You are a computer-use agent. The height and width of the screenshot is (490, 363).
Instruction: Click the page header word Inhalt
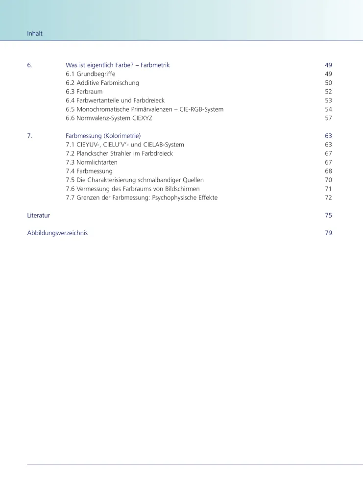[34, 34]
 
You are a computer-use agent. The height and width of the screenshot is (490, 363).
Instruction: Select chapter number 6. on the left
[30, 65]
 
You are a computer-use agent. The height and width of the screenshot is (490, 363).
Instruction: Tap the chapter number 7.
[30, 136]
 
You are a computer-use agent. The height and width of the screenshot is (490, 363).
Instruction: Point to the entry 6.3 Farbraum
[84, 92]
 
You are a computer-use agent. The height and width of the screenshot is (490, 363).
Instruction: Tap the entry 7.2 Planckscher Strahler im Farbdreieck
[119, 153]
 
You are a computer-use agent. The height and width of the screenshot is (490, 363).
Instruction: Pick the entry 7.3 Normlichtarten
[92, 162]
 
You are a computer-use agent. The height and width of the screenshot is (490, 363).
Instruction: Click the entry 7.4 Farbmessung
[89, 171]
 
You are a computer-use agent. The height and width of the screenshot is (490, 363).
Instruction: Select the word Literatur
[38, 215]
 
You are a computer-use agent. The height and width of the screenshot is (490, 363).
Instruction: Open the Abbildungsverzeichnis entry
[57, 233]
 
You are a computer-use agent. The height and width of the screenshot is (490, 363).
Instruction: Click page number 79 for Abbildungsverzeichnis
[328, 233]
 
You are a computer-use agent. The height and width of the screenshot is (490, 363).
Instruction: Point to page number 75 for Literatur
[328, 215]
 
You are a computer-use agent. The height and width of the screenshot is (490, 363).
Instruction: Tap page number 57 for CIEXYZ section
[328, 118]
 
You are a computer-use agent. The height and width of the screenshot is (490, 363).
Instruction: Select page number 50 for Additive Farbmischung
[328, 83]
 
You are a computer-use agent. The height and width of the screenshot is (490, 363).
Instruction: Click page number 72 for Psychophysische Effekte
[328, 197]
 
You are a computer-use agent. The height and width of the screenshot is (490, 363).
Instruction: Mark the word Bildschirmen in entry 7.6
[181, 189]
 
